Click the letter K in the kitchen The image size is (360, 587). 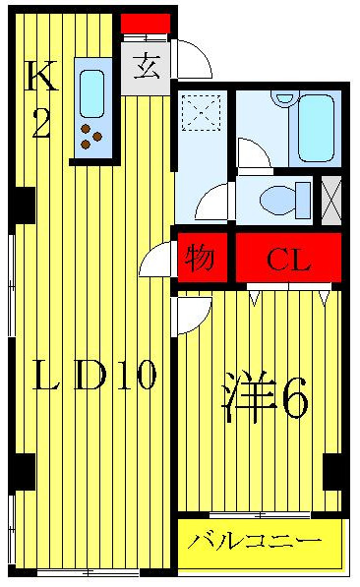(41, 76)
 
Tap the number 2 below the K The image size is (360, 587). (40, 124)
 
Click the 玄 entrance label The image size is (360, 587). (147, 69)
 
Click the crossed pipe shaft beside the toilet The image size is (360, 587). (331, 200)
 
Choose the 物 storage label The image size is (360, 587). (202, 260)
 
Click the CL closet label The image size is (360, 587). (287, 261)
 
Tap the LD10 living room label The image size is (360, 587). (94, 377)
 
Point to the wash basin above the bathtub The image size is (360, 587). (282, 99)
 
